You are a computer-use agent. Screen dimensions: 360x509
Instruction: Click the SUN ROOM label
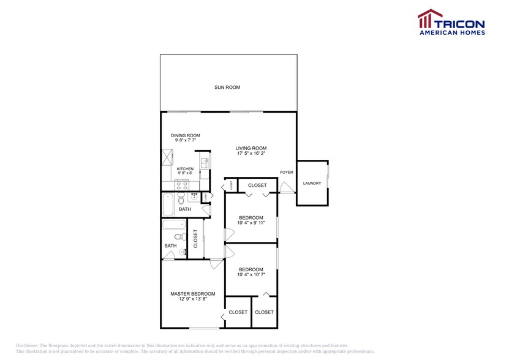tap(227, 88)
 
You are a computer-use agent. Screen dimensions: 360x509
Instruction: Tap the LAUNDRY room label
tap(312, 183)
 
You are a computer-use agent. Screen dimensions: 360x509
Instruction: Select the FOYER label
tap(287, 172)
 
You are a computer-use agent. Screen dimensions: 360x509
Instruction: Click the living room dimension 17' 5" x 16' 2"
tap(251, 153)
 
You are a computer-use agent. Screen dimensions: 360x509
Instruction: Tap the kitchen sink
tap(205, 163)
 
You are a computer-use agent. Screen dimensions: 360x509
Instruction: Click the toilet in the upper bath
tap(181, 199)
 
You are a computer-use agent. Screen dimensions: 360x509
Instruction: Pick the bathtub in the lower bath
tap(174, 225)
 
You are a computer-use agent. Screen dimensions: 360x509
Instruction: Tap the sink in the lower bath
tap(183, 252)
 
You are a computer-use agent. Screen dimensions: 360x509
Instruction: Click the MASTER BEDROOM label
tap(193, 294)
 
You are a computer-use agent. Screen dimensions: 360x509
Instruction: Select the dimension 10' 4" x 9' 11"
tap(251, 223)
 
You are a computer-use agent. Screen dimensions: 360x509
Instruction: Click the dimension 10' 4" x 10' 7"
tap(251, 275)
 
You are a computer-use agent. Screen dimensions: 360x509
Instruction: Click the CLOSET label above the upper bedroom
tap(257, 186)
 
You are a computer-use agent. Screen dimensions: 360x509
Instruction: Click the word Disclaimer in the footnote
tap(27, 345)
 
